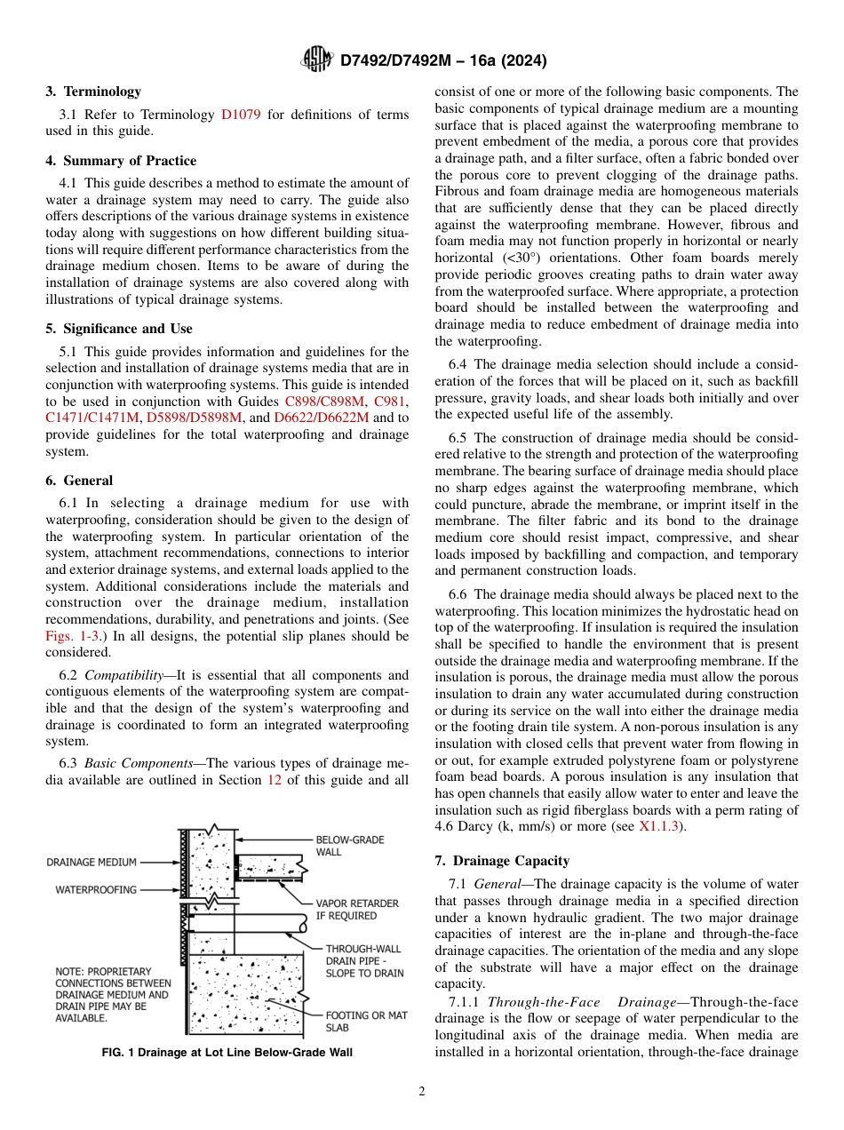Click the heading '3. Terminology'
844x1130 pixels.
click(x=93, y=92)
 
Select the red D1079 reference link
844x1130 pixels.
click(x=241, y=115)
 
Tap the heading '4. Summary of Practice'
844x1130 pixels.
click(x=121, y=161)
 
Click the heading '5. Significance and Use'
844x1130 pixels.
click(x=118, y=329)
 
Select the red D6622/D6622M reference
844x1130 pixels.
click(x=314, y=418)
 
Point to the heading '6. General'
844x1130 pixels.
click(x=79, y=481)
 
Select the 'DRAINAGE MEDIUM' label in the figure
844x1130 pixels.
click(x=92, y=862)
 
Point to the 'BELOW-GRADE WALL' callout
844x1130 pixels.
click(x=350, y=846)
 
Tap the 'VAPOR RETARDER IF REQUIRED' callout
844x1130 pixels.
click(x=357, y=910)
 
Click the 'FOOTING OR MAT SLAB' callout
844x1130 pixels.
click(x=366, y=1022)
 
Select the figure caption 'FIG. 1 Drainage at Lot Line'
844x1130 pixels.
click(x=227, y=1053)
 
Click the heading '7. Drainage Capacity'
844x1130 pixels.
click(x=502, y=861)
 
